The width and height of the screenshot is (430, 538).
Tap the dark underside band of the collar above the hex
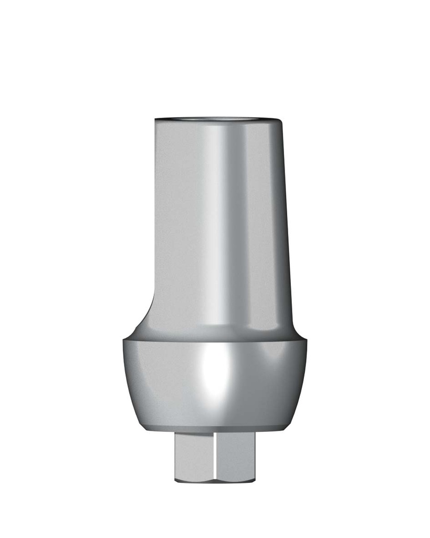click(215, 430)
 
